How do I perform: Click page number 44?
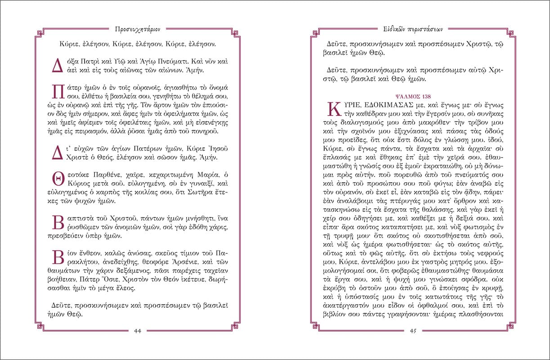[138, 331]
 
